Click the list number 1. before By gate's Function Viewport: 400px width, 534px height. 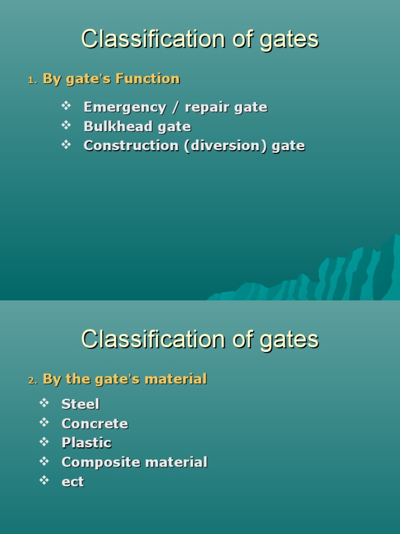click(32, 80)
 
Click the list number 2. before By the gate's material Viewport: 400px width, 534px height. click(32, 381)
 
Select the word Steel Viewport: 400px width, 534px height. click(80, 404)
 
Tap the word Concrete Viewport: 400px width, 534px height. click(94, 423)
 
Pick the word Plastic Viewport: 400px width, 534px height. click(86, 443)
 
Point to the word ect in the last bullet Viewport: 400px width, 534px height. click(72, 482)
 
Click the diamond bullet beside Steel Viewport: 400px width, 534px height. click(44, 403)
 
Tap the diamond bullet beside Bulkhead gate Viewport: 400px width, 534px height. click(66, 126)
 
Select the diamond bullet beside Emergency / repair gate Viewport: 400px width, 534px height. click(66, 106)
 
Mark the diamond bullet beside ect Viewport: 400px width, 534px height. click(44, 480)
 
